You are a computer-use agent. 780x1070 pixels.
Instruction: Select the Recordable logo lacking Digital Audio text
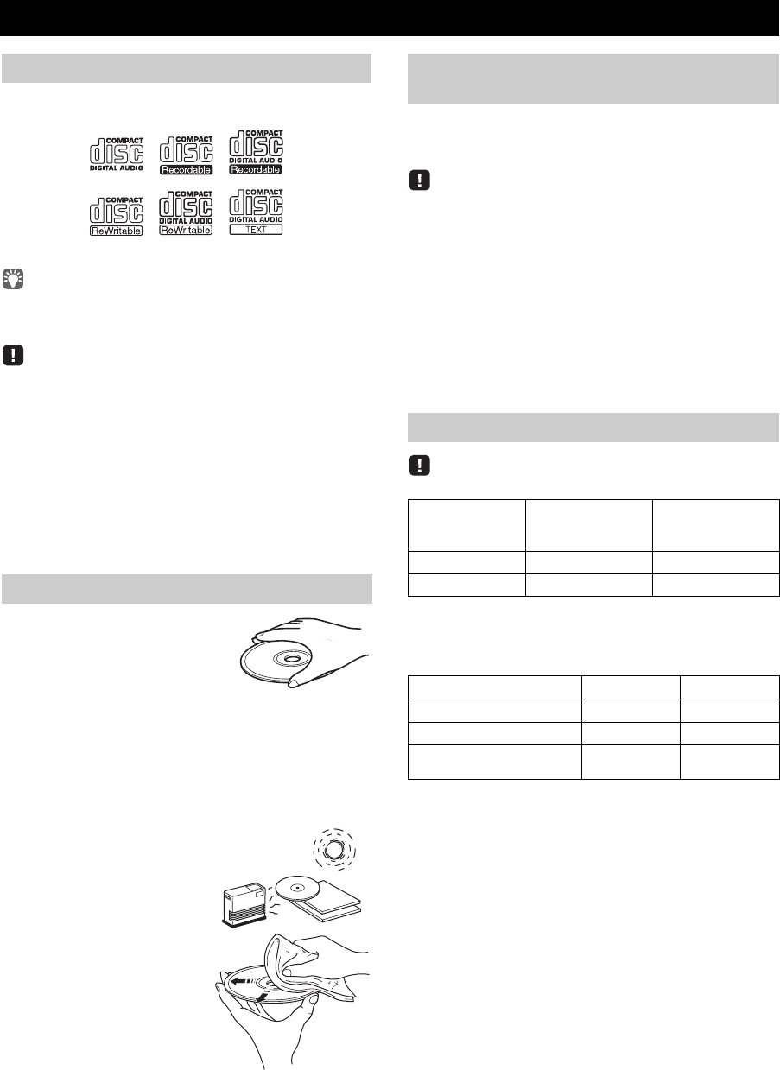pyautogui.click(x=187, y=152)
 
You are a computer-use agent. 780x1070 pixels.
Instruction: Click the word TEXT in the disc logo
pyautogui.click(x=256, y=230)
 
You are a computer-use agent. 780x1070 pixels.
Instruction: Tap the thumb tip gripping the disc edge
pyautogui.click(x=296, y=683)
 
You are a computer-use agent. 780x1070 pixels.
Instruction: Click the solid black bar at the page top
pyautogui.click(x=390, y=17)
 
